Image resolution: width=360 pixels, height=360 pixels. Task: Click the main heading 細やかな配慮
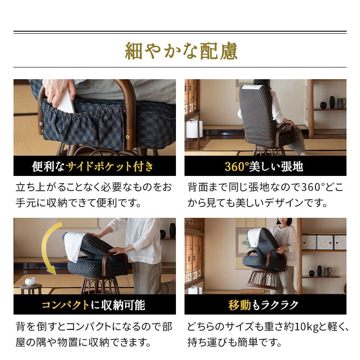[x=180, y=51]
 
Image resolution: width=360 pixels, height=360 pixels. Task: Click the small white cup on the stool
[x=31, y=281]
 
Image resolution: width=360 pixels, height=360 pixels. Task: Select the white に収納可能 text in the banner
[x=117, y=305]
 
